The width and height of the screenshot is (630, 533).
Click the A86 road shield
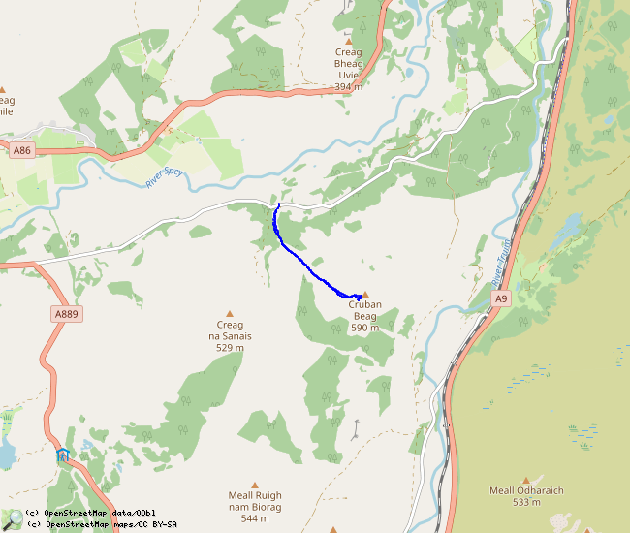21,150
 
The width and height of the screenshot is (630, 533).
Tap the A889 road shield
66,314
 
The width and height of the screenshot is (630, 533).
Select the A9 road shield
500,299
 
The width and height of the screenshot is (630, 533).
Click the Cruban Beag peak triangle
365,294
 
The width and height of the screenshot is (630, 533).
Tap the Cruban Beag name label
365,310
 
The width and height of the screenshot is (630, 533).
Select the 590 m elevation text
365,328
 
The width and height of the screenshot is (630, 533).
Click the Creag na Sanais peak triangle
230,313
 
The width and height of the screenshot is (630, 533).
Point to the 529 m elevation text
230,347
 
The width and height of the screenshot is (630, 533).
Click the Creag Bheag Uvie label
348,63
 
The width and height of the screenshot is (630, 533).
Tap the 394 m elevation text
348,86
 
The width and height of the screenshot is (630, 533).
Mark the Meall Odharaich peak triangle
526,480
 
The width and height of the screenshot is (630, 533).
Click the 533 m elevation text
526,502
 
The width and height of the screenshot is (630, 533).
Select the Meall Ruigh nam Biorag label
255,501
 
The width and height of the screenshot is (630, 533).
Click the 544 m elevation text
255,518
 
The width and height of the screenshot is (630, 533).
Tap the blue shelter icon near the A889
63,455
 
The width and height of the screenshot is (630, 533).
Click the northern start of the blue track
278,204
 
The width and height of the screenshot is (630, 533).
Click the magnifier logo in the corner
12,519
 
